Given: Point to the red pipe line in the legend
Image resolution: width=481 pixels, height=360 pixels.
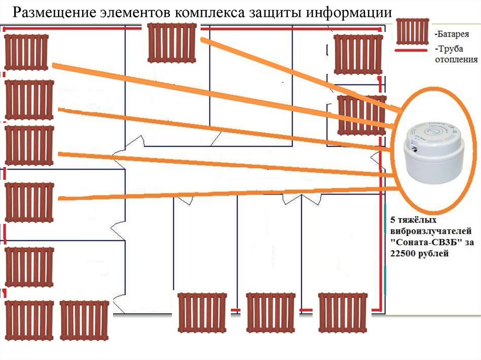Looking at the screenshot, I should coord(413,49).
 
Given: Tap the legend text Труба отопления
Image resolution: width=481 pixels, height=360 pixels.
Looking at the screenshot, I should coord(456,54).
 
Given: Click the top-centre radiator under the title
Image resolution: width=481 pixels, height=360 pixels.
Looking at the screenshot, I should coord(172,43).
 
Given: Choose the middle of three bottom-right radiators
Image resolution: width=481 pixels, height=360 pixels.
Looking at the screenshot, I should coord(270,312).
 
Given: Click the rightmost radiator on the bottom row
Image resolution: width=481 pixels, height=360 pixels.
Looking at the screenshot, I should coord(342,312).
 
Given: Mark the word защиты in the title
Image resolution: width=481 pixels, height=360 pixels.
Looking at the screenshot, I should coord(274,13).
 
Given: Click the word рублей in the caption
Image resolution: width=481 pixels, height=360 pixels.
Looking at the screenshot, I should coord(437,253).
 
